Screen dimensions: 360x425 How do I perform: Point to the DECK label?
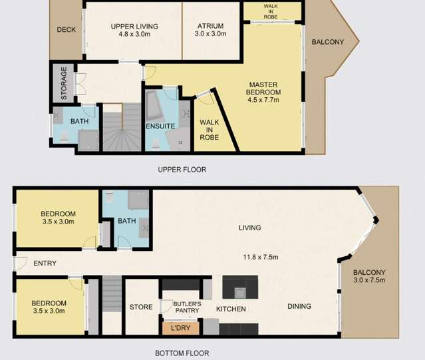tap(67, 30)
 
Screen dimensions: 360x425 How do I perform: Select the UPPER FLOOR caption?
tap(182, 170)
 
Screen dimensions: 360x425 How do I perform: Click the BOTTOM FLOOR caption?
tap(182, 353)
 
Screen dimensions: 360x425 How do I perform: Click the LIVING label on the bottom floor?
tap(250, 228)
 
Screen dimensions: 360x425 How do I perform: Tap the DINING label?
tap(299, 307)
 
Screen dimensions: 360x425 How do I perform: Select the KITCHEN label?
tap(231, 309)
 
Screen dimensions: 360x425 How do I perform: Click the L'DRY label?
tap(181, 327)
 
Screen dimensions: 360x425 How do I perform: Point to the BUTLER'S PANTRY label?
tap(186, 307)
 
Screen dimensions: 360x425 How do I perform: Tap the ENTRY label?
tap(45, 264)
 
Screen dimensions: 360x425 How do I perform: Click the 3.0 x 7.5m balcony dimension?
tap(370, 279)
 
